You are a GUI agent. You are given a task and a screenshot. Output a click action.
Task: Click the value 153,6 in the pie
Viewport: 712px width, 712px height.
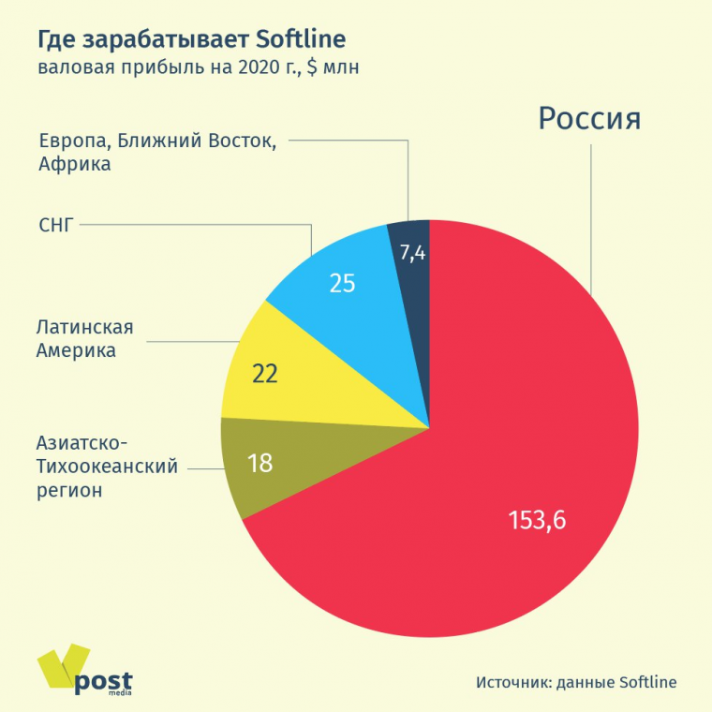click(x=537, y=520)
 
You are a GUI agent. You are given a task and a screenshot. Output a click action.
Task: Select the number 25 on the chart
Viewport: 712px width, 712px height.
click(x=342, y=282)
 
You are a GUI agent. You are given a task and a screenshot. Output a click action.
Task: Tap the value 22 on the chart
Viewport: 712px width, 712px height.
click(x=265, y=373)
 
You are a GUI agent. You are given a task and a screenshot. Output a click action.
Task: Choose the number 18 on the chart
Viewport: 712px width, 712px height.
click(x=260, y=462)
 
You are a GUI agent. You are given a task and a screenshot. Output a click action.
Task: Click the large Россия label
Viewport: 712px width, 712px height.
click(x=589, y=119)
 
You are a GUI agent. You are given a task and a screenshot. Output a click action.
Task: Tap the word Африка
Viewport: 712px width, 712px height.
click(x=75, y=165)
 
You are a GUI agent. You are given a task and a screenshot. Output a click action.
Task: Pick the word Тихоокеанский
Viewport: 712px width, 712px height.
click(x=107, y=466)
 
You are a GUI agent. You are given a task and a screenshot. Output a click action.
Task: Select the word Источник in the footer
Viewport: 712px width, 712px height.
click(x=512, y=682)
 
